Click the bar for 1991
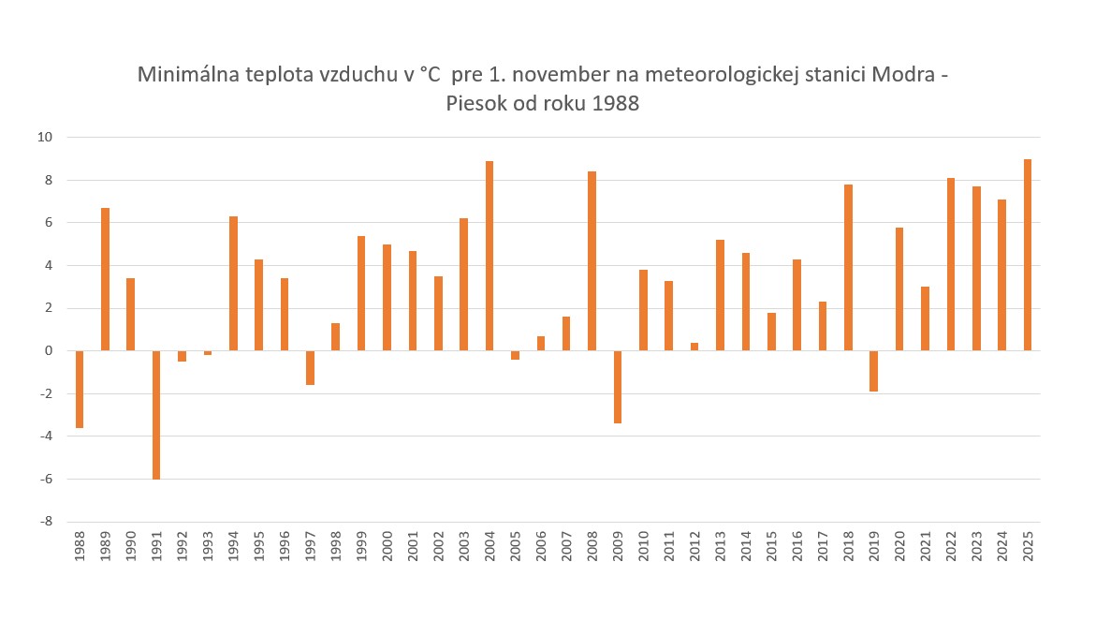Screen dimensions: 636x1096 point(156,415)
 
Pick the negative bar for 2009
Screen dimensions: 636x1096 point(618,387)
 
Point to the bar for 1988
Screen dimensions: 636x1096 point(80,389)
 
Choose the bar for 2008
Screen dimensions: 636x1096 point(592,261)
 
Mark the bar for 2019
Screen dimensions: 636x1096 point(874,371)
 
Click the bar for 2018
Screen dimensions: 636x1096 point(848,268)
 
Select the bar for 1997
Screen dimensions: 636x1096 point(310,367)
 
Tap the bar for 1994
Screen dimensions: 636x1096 point(233,284)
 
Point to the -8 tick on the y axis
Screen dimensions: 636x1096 point(46,522)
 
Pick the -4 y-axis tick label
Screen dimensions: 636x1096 point(46,436)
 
